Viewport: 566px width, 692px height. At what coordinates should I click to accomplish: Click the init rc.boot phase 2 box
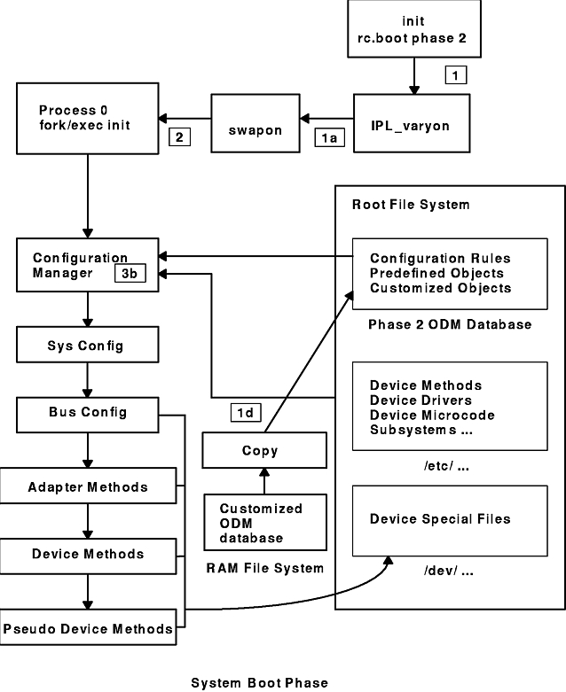pyautogui.click(x=413, y=30)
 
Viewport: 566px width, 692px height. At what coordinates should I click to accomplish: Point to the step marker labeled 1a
pyautogui.click(x=326, y=137)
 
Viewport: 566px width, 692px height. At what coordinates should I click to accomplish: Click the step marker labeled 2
pyautogui.click(x=178, y=136)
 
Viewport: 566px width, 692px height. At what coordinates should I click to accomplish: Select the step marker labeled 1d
pyautogui.click(x=245, y=412)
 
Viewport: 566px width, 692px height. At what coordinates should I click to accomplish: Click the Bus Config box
pyautogui.click(x=86, y=412)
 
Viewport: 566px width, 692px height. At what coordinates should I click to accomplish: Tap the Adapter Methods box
pyautogui.click(x=86, y=486)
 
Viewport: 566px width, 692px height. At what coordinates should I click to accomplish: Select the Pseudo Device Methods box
pyautogui.click(x=86, y=629)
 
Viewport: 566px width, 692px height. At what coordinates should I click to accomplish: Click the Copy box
pyautogui.click(x=259, y=450)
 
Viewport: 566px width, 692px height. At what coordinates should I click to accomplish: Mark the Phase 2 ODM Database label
pyautogui.click(x=449, y=324)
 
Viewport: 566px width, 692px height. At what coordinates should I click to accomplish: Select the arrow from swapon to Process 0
pyautogui.click(x=184, y=116)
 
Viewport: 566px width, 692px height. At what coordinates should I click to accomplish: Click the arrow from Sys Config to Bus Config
pyautogui.click(x=86, y=377)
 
